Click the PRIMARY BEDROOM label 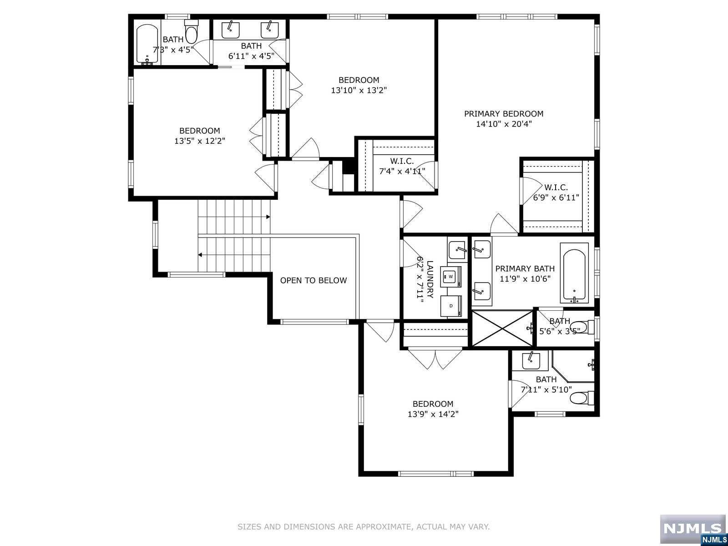503,114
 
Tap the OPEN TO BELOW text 313,281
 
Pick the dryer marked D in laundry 451,306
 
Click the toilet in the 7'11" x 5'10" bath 581,399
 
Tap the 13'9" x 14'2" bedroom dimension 433,414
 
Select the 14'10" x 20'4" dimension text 503,124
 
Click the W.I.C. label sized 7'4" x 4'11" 402,161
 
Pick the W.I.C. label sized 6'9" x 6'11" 556,187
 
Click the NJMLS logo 693,529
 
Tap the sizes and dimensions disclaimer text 363,527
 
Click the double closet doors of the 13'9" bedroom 435,359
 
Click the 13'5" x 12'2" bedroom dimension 199,141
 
